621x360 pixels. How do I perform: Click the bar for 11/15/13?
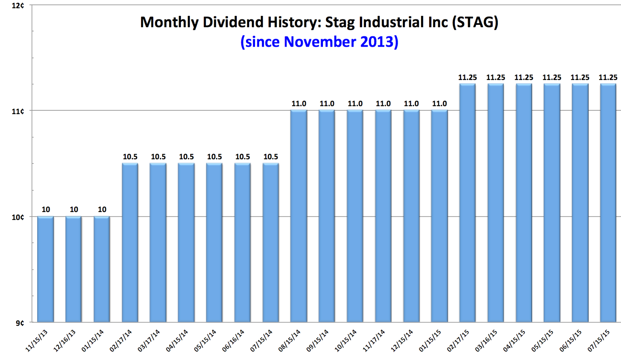tap(45, 269)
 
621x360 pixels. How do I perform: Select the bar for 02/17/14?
tap(130, 243)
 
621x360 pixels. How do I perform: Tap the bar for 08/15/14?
tap(299, 216)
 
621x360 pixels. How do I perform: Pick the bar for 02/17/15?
tap(467, 203)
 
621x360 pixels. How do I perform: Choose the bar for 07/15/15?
tap(608, 203)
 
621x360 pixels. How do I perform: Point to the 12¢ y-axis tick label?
tap(18, 5)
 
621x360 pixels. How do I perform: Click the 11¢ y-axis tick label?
tap(18, 111)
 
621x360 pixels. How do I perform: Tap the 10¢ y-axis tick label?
tap(18, 217)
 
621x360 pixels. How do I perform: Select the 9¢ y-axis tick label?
tap(20, 323)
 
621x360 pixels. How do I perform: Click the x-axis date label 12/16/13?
tap(64, 340)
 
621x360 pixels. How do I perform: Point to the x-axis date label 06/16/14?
tap(233, 340)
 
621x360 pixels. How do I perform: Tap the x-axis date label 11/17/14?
tap(374, 340)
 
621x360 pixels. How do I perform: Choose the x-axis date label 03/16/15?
tap(486, 340)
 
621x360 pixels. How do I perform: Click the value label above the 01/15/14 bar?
tap(102, 209)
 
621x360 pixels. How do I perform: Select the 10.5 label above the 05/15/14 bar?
tap(215, 157)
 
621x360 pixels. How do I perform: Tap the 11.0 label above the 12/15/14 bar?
tap(411, 104)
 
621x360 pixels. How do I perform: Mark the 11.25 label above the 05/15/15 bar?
tap(552, 77)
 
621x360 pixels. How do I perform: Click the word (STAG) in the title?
tap(475, 22)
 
